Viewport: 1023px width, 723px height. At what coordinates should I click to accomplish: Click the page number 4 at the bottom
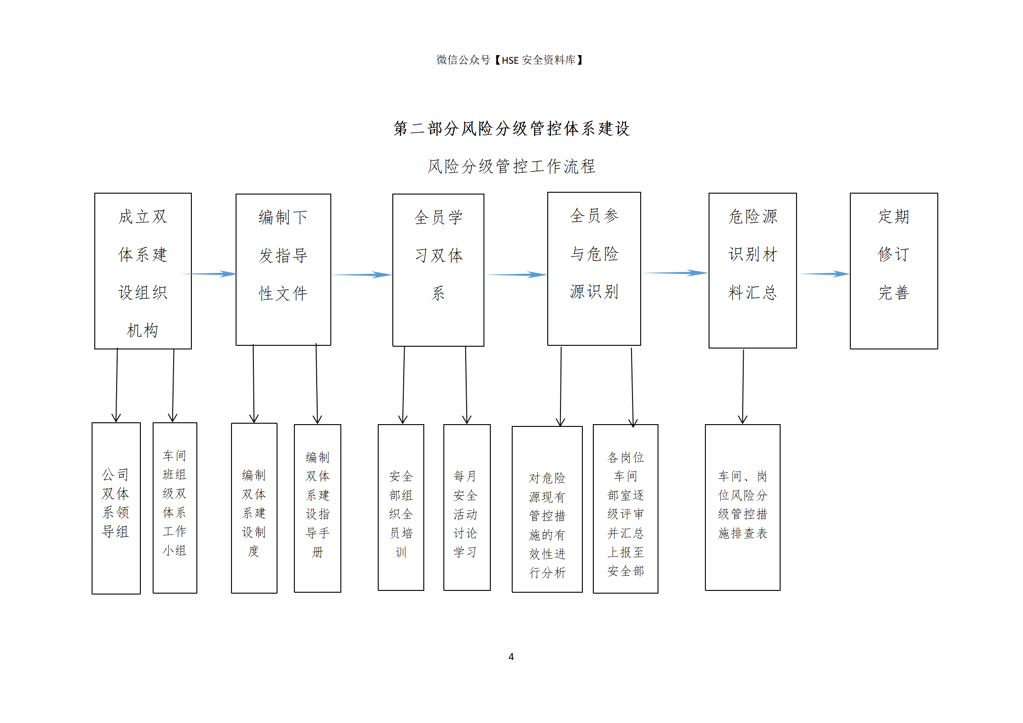click(x=511, y=656)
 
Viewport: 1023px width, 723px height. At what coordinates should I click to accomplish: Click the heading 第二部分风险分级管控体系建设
click(x=511, y=128)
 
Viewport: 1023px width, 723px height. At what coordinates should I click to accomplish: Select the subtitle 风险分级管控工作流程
click(x=511, y=166)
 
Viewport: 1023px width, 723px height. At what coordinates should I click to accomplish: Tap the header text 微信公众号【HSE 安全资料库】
click(x=510, y=60)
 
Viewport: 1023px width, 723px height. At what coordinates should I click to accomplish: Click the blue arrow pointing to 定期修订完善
click(x=823, y=274)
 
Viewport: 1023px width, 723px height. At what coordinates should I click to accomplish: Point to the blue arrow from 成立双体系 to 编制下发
click(x=209, y=274)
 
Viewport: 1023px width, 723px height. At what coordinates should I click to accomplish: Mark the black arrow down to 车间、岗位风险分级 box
click(x=743, y=387)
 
